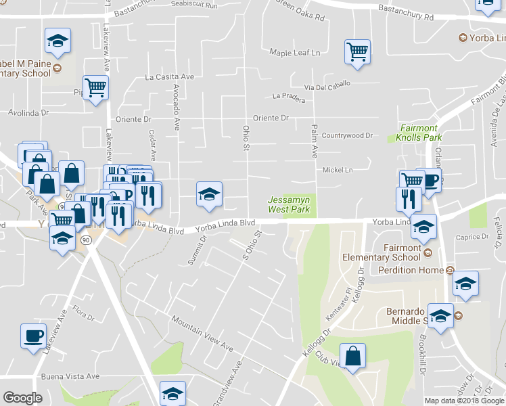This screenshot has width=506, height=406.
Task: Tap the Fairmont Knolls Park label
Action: coord(418,133)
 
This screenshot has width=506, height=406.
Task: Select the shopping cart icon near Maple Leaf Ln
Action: coord(356,51)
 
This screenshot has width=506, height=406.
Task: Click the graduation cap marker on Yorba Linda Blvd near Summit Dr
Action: coord(209,194)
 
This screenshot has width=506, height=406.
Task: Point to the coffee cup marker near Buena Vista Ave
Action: coord(33,336)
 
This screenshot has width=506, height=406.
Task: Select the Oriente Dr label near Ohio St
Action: coord(271,118)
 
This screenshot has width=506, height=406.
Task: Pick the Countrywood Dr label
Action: coord(347,135)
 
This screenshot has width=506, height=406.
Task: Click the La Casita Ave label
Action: coord(169,77)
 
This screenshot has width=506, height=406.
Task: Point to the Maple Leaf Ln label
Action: coord(294,52)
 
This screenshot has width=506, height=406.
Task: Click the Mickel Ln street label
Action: coord(338,170)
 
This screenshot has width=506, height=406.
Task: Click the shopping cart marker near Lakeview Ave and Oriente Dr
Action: coord(95,87)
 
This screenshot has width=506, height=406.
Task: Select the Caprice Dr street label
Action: coord(473,237)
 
